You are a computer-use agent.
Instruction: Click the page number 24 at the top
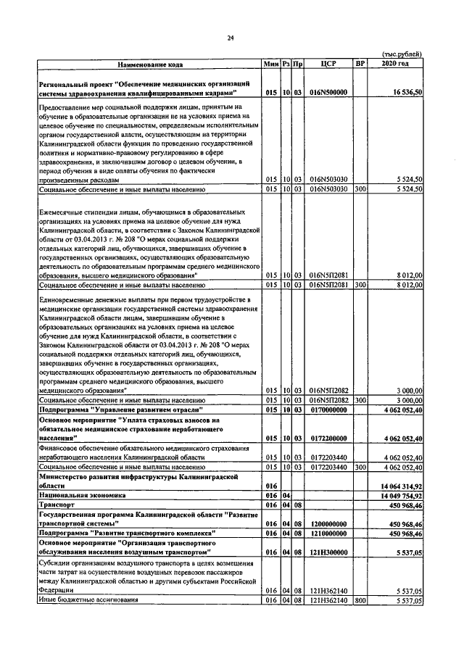[232, 38]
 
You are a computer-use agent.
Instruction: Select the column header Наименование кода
[151, 65]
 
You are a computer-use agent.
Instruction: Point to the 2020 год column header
[394, 64]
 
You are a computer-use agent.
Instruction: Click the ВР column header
[359, 64]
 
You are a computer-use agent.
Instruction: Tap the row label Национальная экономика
[82, 495]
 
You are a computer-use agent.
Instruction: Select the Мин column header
[271, 64]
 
